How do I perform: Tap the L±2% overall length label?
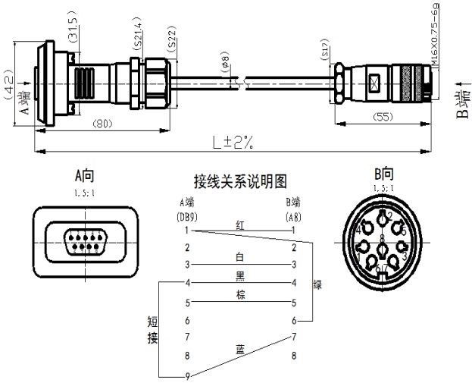click(233, 141)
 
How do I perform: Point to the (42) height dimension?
click(8, 86)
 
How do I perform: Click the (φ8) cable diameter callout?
click(227, 63)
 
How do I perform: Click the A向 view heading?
click(84, 175)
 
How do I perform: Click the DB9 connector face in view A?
click(85, 241)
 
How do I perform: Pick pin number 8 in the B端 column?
click(293, 354)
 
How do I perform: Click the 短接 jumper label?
click(152, 328)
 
